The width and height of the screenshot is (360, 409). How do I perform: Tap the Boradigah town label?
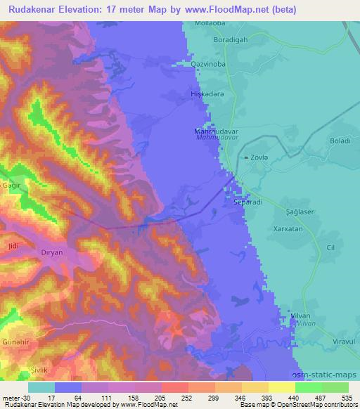231,40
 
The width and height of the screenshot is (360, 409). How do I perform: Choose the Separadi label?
247,202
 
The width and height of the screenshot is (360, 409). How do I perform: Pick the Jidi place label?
12,246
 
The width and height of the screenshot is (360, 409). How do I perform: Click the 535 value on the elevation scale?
347,397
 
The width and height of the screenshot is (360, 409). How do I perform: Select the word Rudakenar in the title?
34,9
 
